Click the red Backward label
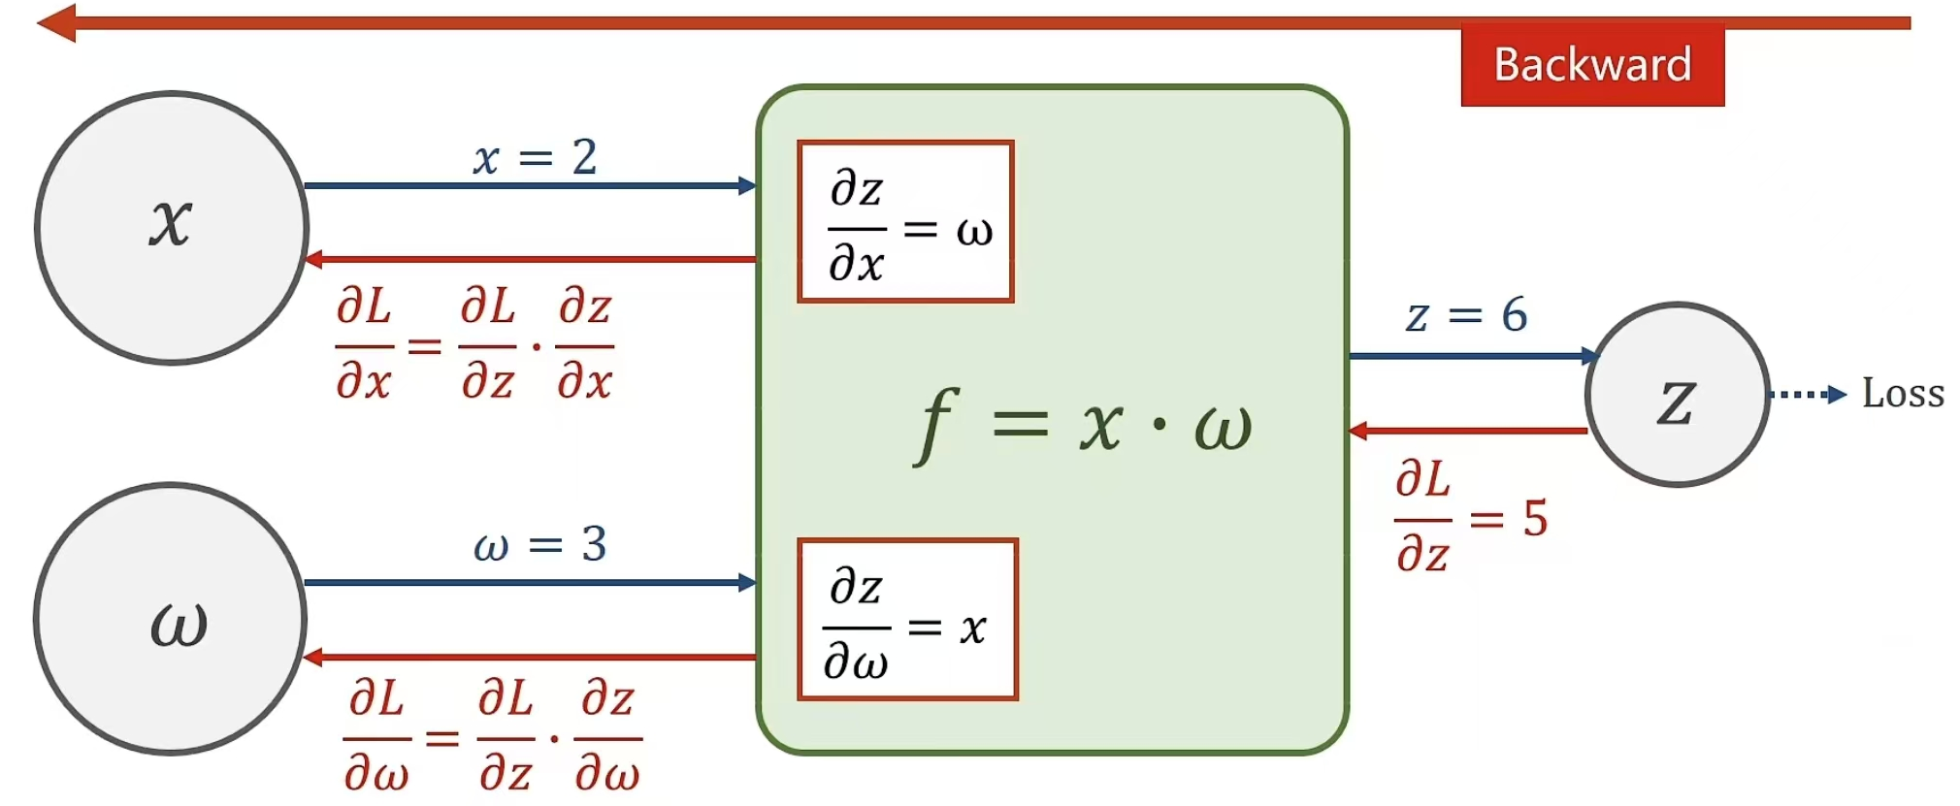1592,65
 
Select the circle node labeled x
172,228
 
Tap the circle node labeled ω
172,619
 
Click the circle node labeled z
1678,395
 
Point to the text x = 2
535,157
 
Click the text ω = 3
539,544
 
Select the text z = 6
1466,315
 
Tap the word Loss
1903,394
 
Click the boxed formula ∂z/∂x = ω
905,222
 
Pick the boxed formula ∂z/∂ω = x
907,619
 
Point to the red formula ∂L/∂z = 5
1469,517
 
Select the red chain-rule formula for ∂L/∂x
474,343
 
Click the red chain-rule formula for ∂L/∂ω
492,736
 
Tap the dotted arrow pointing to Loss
1807,395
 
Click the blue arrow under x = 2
530,185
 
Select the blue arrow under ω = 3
530,582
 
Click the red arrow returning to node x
530,260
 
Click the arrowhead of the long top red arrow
56,23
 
